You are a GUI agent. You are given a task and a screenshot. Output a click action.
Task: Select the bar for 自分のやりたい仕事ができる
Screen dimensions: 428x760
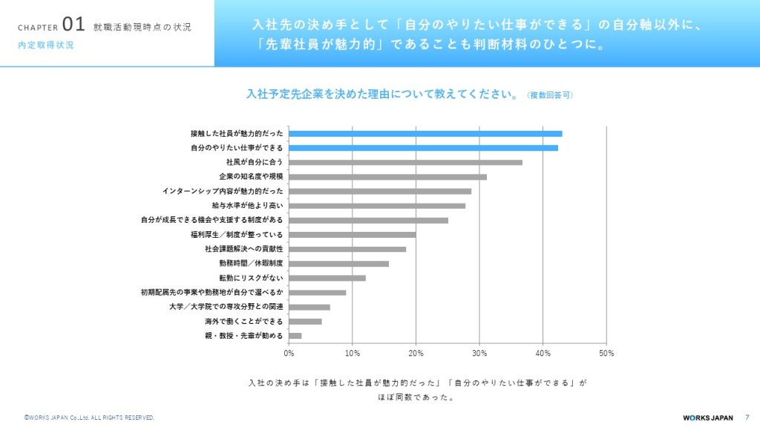(423, 148)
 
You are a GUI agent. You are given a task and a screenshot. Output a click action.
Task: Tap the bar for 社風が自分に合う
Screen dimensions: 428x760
(405, 162)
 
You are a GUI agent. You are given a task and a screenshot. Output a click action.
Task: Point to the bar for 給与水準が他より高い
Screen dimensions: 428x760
(377, 205)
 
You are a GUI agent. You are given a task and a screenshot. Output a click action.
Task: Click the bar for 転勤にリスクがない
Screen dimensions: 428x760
(327, 278)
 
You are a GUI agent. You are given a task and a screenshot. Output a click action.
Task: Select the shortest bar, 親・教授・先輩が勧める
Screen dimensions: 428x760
(295, 336)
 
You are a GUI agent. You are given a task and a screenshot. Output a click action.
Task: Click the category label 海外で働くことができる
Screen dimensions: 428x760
(243, 322)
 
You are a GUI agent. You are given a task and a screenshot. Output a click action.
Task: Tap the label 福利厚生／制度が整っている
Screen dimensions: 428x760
(237, 235)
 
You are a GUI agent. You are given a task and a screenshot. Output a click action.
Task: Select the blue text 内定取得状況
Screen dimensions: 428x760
(46, 45)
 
